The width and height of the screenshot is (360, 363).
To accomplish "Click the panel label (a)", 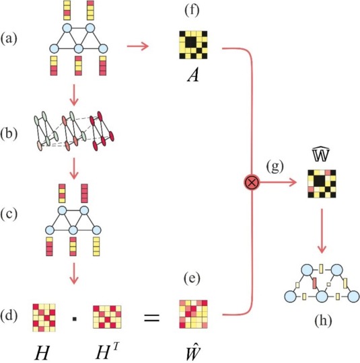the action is [x=9, y=39].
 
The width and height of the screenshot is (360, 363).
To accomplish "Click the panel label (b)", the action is [x=9, y=134].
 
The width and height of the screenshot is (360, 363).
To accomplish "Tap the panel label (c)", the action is [x=9, y=214].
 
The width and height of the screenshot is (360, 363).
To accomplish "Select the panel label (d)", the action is [x=9, y=316].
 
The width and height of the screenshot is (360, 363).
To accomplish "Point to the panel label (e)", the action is [x=192, y=278].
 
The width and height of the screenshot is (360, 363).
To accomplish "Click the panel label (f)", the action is [x=192, y=11].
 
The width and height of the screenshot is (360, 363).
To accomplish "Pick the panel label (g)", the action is [x=275, y=166].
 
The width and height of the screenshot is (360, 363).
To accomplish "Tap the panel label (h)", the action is [x=323, y=321].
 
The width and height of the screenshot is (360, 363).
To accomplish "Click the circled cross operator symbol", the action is [x=252, y=183].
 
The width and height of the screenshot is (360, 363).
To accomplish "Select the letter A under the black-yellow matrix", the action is [x=193, y=75].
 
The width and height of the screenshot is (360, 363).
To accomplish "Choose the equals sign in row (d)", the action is [x=152, y=317].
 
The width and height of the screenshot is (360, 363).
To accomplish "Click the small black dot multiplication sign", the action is [x=75, y=319].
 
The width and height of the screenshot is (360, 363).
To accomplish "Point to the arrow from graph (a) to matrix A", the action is [x=138, y=46].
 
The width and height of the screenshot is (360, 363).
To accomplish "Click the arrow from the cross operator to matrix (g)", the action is [x=278, y=183].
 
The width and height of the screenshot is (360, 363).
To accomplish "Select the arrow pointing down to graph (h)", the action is [x=322, y=231].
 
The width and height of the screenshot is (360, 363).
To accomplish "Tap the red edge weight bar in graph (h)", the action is [x=314, y=283].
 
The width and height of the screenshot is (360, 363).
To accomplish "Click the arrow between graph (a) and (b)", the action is [x=74, y=95].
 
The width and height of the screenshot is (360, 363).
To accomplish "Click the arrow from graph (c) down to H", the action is [x=74, y=273].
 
